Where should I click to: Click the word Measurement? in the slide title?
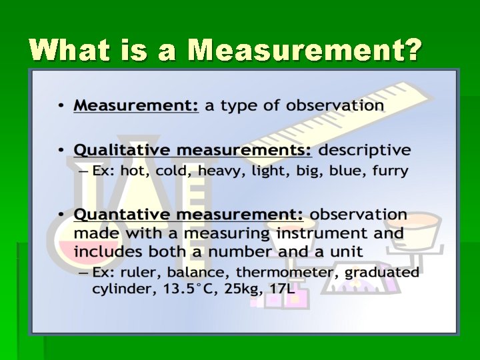tap(305, 51)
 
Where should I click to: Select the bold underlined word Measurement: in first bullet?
tap(136, 105)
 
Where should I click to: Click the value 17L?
tap(283, 289)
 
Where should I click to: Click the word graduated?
tap(387, 272)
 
